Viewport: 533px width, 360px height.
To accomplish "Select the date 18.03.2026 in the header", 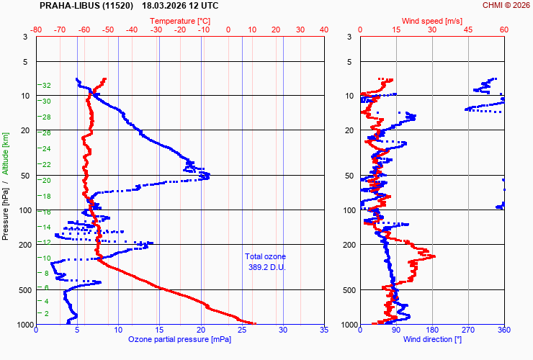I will (165, 5).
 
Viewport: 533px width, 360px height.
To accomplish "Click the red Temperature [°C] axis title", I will (180, 21).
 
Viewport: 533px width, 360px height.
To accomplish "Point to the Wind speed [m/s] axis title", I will (431, 21).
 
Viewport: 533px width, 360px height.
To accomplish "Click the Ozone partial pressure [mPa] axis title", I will (180, 339).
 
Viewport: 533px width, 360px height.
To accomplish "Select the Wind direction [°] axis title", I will (432, 339).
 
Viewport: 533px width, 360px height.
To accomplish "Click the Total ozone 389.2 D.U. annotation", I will (265, 261).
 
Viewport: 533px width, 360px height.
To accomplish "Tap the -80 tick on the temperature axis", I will (37, 30).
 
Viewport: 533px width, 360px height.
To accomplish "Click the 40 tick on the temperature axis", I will (323, 30).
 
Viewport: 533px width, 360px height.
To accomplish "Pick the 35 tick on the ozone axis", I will (323, 330).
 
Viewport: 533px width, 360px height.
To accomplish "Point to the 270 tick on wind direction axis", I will (468, 330).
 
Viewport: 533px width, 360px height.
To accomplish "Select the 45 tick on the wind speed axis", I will (468, 30).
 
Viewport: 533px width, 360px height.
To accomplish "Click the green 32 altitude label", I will (46, 86).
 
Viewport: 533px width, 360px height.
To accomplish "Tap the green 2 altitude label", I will (46, 314).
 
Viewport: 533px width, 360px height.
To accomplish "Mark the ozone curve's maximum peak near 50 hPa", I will (207, 176).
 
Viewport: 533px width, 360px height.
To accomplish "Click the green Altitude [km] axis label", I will (5, 153).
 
